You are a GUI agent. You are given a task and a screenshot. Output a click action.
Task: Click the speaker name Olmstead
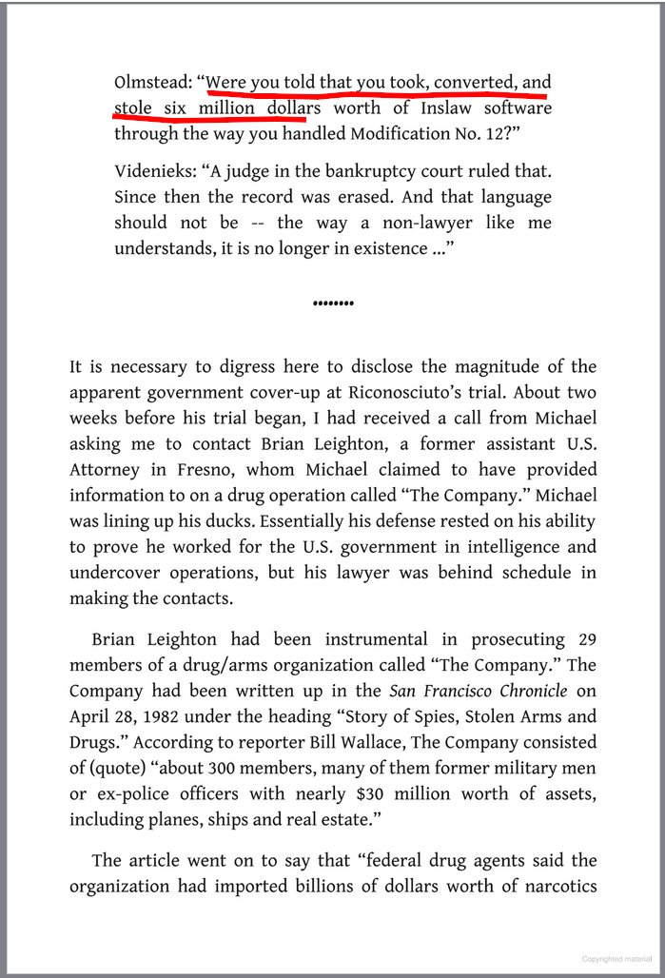(150, 81)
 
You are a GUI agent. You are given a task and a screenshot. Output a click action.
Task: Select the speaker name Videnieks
(153, 174)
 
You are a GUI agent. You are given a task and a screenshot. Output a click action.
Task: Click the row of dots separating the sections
(333, 303)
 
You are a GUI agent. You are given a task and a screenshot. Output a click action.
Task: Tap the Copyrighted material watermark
(618, 960)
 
